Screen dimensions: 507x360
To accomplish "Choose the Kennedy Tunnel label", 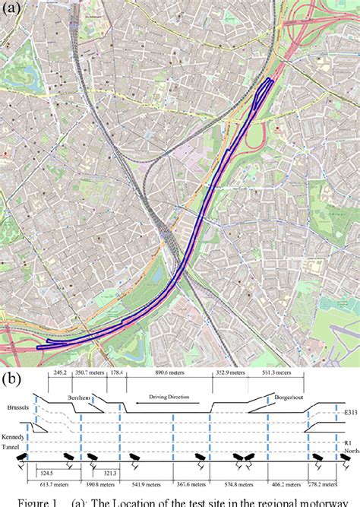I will point(15,445).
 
